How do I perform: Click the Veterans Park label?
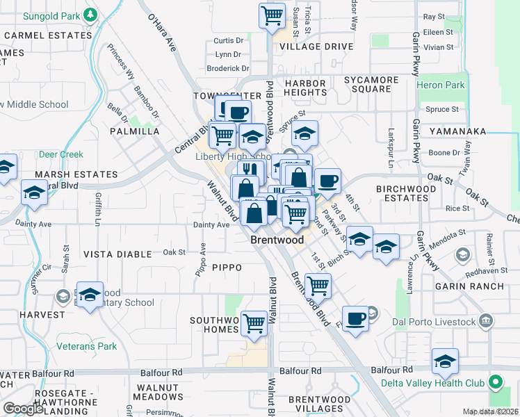[88, 345]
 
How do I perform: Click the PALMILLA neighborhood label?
[134, 131]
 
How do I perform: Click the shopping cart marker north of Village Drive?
[273, 15]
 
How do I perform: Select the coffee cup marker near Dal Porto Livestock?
[355, 319]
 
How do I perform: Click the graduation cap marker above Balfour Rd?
[445, 361]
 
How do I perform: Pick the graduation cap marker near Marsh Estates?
[33, 192]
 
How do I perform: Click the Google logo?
[23, 408]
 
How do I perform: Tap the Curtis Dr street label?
[229, 41]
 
